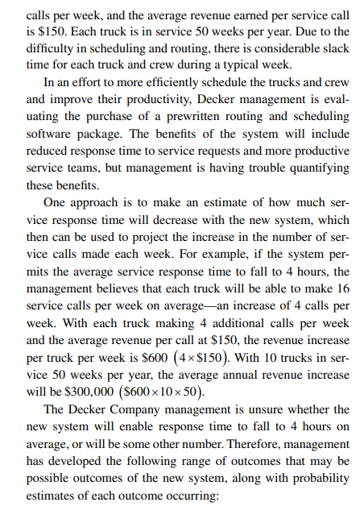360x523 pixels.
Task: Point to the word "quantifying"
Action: (x=315, y=168)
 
